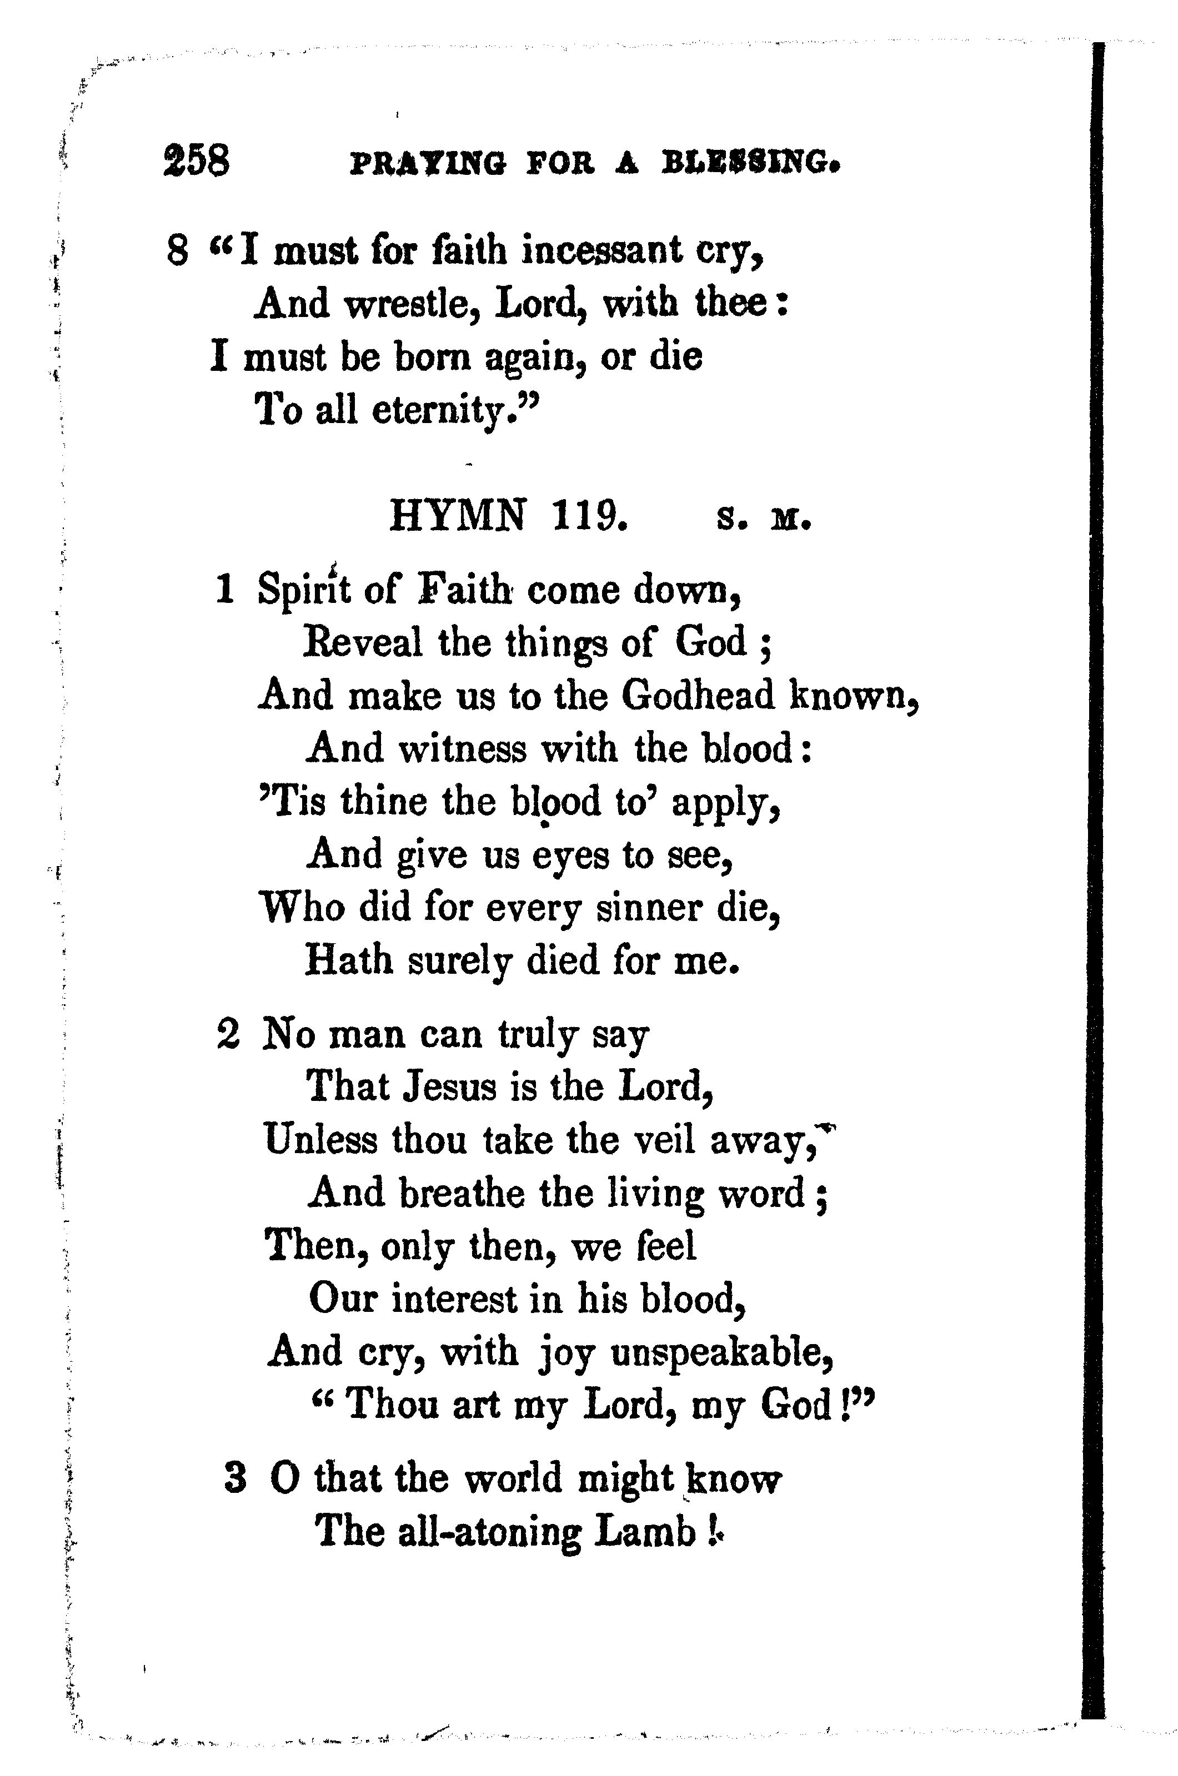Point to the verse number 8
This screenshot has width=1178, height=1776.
(177, 252)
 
